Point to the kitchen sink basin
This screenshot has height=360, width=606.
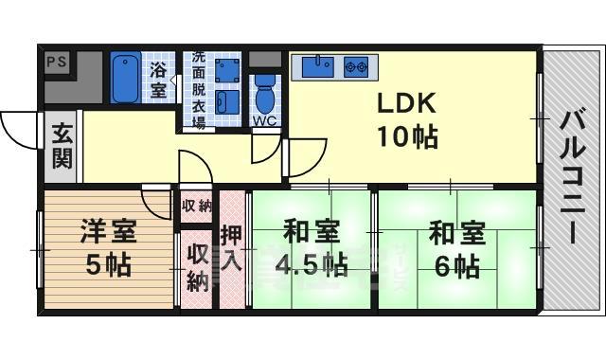pos(316,65)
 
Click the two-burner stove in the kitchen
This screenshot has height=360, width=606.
pos(357,66)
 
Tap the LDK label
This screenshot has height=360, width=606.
pos(408,101)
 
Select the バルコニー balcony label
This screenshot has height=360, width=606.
pos(571,180)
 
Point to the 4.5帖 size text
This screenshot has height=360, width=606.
pos(310,263)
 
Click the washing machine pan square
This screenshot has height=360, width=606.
pos(227,70)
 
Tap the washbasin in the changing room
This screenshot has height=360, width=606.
pos(225,101)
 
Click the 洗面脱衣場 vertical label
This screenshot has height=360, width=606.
pos(199,91)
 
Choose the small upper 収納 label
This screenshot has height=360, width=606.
pos(197,206)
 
